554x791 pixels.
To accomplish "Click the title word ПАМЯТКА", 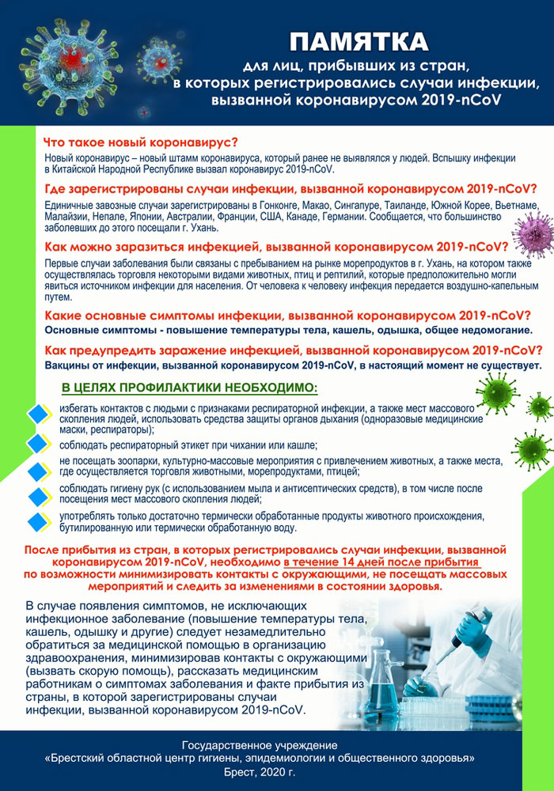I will [357, 41].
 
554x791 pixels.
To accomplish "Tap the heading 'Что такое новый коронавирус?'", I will [141, 143].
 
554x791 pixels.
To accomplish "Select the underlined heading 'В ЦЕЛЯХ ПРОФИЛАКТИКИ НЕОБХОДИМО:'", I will [188, 388].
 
